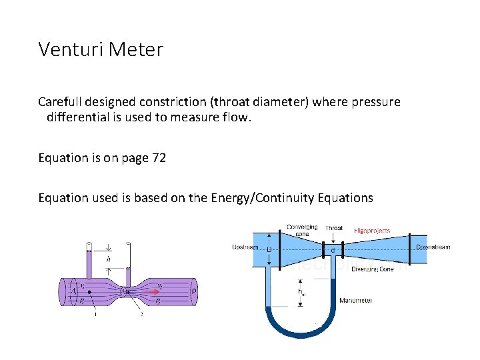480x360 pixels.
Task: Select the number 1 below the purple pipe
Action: point(95,314)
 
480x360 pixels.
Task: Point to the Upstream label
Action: point(244,247)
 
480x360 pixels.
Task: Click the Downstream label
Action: point(433,247)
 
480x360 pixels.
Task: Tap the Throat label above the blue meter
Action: point(334,228)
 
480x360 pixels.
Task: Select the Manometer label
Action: point(355,301)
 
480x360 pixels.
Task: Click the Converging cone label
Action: point(302,230)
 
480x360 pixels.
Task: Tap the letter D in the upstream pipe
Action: point(269,249)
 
